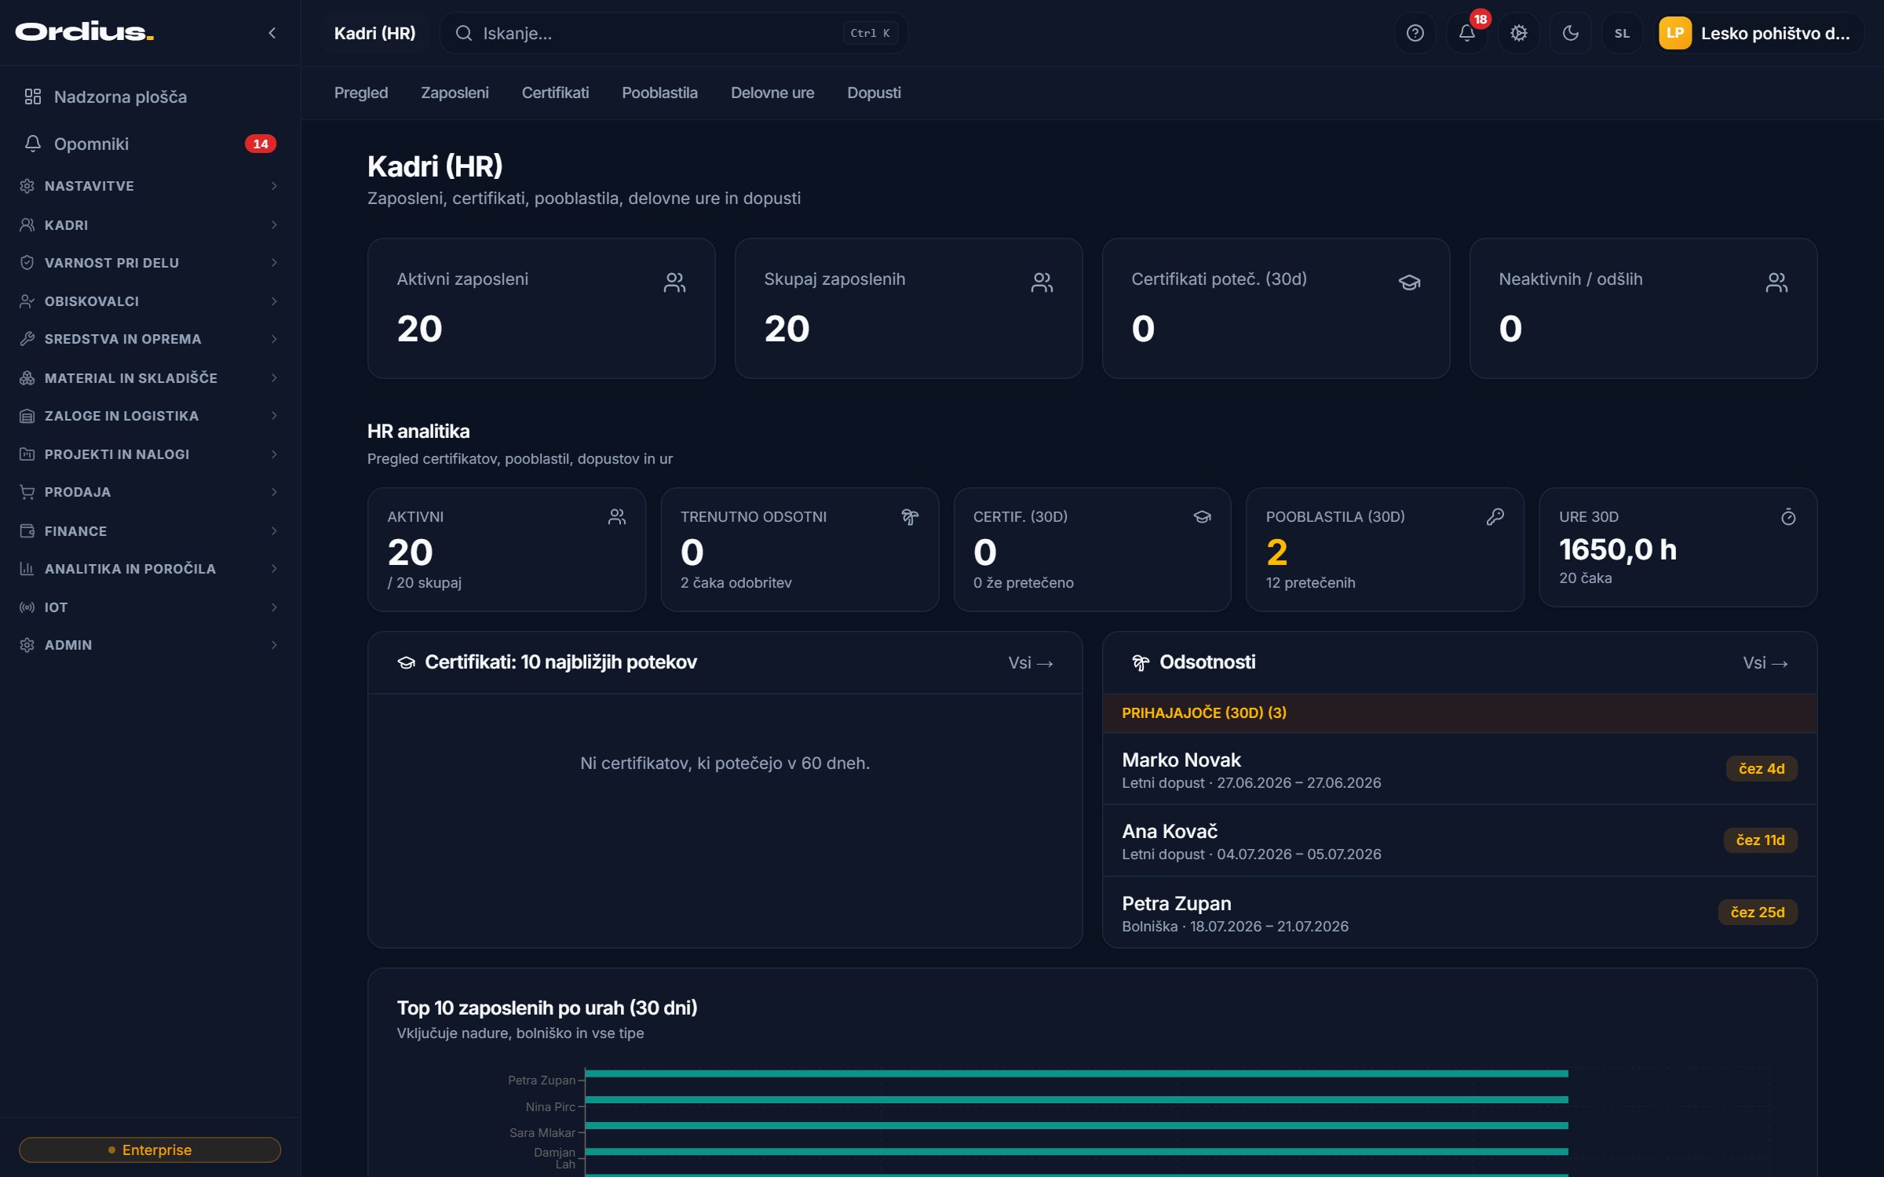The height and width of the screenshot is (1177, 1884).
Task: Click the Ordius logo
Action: click(x=84, y=32)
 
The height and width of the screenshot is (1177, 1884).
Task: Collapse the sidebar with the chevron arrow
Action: click(x=272, y=33)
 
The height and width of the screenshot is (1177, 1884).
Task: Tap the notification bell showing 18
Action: click(x=1466, y=33)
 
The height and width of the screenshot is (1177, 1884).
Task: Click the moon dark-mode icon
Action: click(x=1570, y=33)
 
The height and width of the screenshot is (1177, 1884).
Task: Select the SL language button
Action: click(x=1622, y=33)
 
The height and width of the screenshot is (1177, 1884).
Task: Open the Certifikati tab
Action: click(x=555, y=93)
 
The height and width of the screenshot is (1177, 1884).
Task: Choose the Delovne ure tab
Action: click(x=772, y=93)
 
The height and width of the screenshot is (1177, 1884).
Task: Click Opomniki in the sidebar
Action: click(x=91, y=144)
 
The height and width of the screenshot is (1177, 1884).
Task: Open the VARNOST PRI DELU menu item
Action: click(x=111, y=263)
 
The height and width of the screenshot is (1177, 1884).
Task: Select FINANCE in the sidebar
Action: click(x=75, y=531)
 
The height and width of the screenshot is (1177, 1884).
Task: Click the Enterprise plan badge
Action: click(x=150, y=1150)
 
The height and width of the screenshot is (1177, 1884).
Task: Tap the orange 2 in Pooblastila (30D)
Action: click(x=1276, y=552)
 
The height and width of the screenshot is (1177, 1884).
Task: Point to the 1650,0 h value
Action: click(x=1617, y=549)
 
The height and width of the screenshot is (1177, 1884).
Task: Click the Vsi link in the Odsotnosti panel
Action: click(x=1765, y=663)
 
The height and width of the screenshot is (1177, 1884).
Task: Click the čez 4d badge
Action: click(x=1762, y=768)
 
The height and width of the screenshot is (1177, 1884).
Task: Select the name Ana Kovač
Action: click(x=1170, y=831)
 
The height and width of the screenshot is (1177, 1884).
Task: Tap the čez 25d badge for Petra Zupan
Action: click(x=1758, y=912)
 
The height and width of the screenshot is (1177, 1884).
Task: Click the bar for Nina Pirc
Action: click(x=1076, y=1099)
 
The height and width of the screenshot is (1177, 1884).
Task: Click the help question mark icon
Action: click(x=1415, y=33)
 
